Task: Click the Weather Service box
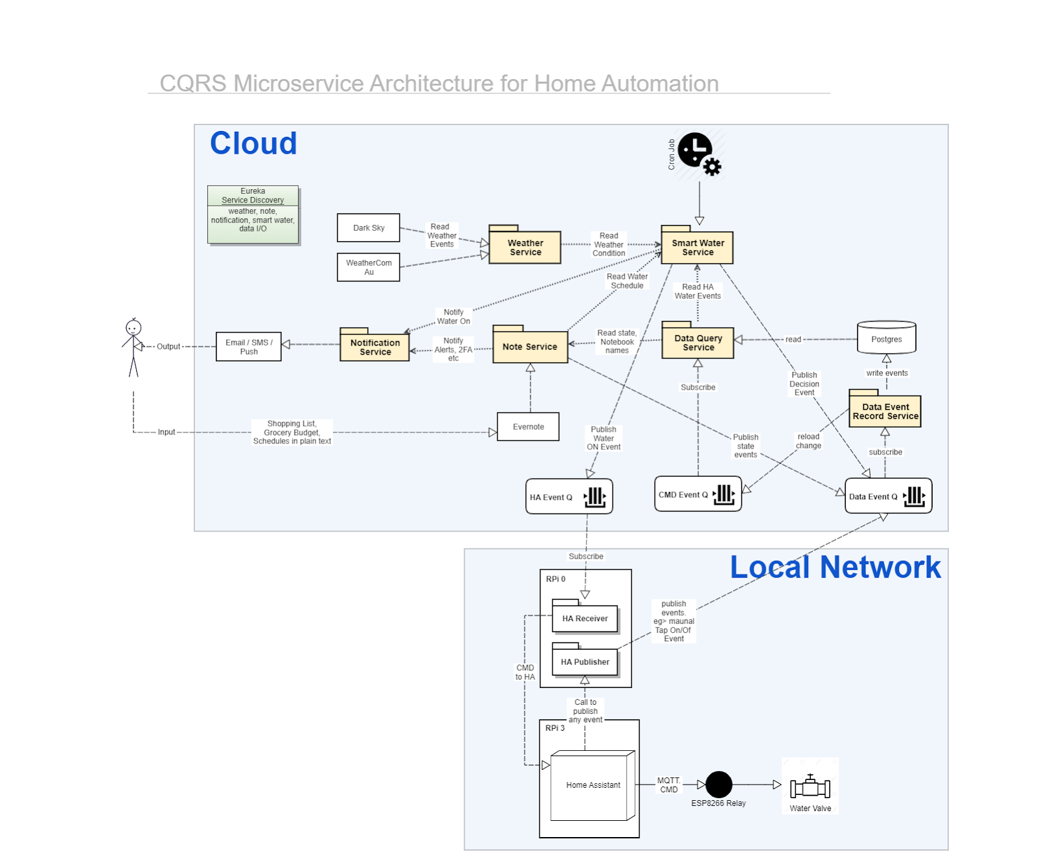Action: [x=525, y=247]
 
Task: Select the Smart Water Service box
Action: [x=697, y=247]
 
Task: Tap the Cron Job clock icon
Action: [x=696, y=151]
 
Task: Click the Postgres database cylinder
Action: [x=886, y=338]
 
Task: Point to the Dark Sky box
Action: [x=368, y=228]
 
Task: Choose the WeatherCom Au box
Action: [x=368, y=267]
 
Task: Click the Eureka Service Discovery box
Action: [x=253, y=215]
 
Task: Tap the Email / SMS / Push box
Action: [x=248, y=347]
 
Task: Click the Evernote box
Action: [x=528, y=427]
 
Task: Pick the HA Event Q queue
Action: [x=568, y=497]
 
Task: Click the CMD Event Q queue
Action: [x=697, y=494]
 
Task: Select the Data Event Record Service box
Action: [x=885, y=411]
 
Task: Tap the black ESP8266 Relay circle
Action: [x=718, y=785]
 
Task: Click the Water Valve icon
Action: [x=810, y=787]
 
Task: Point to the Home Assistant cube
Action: [x=592, y=785]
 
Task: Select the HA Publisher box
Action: [x=585, y=661]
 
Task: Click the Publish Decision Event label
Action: [x=804, y=384]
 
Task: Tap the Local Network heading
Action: [x=835, y=567]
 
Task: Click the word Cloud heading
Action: [x=253, y=143]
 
